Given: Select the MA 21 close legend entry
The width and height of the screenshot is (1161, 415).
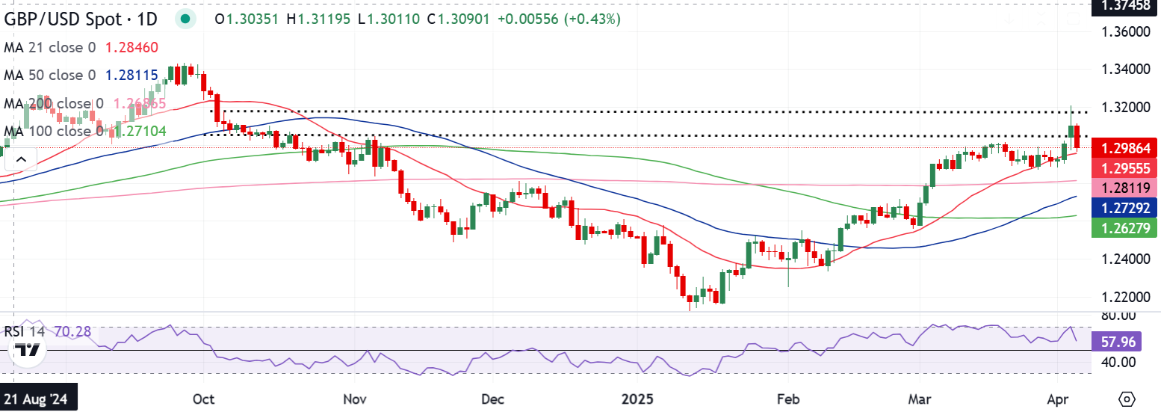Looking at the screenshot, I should click(50, 47).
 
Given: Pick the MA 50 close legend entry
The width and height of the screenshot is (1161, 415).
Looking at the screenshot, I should click(50, 76).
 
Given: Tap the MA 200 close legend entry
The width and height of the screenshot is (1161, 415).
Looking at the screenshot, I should click(54, 104).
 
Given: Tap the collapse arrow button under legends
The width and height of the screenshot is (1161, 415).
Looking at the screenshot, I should click(20, 159).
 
